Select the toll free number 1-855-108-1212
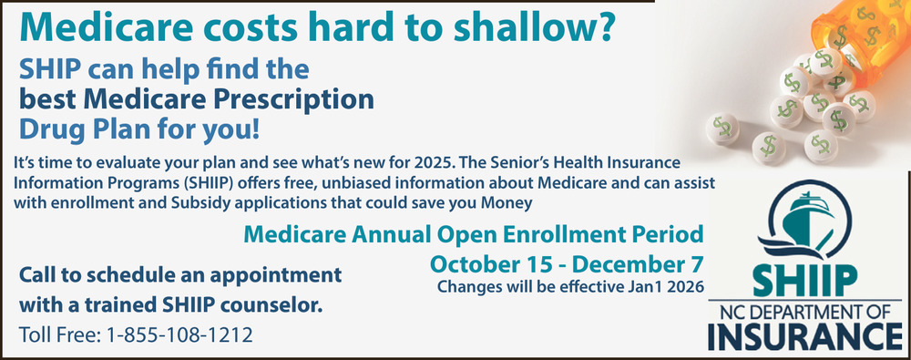pos(179,335)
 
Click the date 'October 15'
pos(491,263)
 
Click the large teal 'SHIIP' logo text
pos(805,281)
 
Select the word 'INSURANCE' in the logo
pos(805,336)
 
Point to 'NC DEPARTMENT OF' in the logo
pos(805,312)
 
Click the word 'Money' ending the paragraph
pos(507,203)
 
